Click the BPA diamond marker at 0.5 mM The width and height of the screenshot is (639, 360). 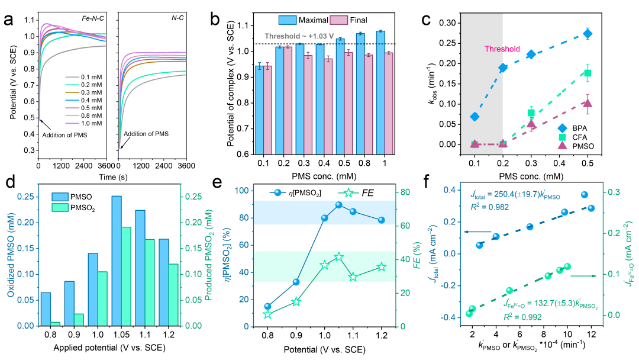(603, 33)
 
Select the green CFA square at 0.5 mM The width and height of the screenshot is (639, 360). (603, 73)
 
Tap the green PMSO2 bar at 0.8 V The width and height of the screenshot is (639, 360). (55, 323)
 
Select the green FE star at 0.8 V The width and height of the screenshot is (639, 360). (267, 314)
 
